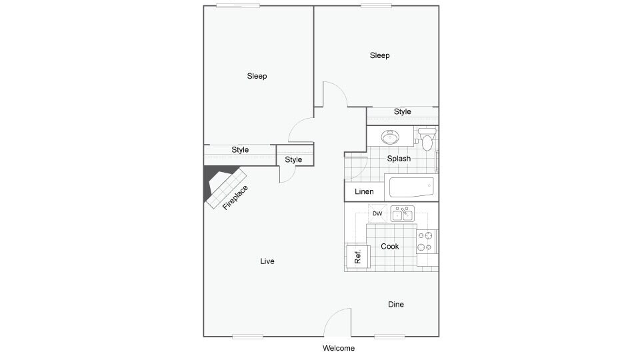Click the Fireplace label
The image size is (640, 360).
click(x=236, y=198)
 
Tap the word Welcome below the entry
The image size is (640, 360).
click(x=339, y=348)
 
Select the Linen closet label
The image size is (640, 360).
click(x=364, y=192)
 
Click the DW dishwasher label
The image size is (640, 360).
click(x=377, y=214)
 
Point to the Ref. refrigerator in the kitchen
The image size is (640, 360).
click(x=357, y=256)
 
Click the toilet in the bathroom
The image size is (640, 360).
click(x=427, y=140)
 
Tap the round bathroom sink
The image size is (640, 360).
click(x=390, y=137)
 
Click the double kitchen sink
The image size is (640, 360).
click(x=402, y=214)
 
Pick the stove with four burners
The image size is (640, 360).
click(x=427, y=241)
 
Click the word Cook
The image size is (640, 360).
click(x=390, y=247)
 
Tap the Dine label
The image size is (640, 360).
click(x=396, y=305)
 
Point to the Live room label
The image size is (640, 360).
click(x=267, y=261)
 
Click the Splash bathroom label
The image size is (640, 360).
click(x=399, y=159)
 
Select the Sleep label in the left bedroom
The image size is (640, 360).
click(x=257, y=76)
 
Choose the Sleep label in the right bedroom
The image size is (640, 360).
click(x=379, y=55)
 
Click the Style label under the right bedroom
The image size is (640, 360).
click(x=402, y=112)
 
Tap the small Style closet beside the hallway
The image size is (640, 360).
click(x=293, y=159)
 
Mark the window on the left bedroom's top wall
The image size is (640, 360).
click(x=238, y=6)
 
